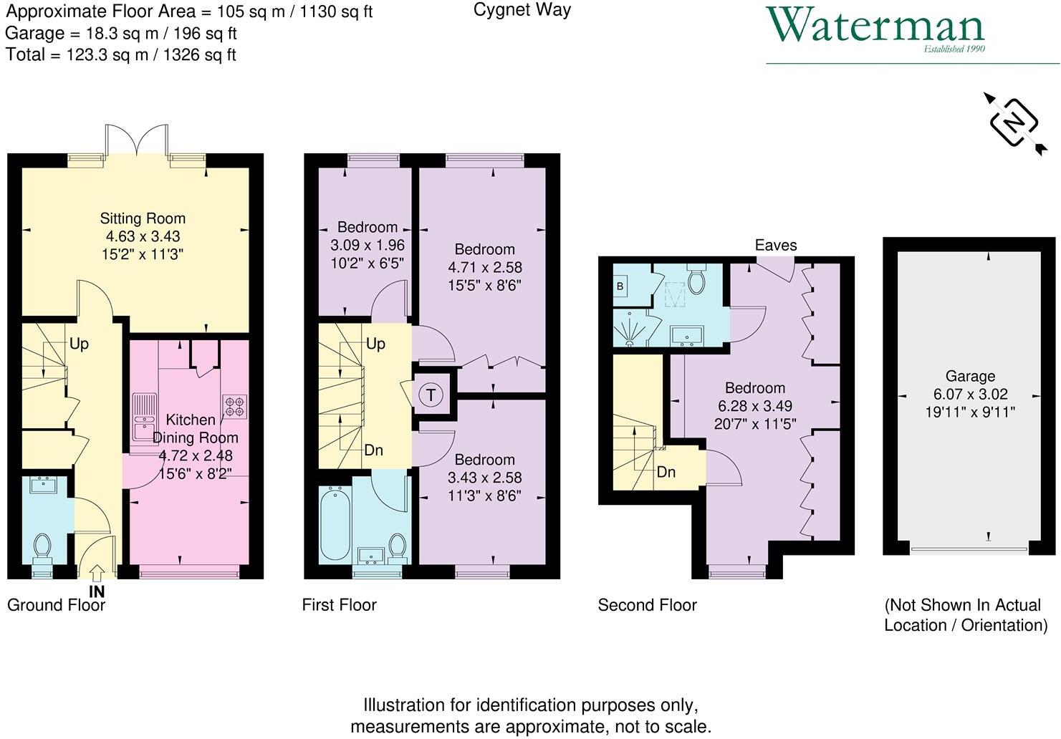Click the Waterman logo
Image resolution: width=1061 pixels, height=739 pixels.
point(875,27)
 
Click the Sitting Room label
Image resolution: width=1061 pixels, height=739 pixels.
point(143,218)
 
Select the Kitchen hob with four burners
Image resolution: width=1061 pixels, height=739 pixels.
point(235,405)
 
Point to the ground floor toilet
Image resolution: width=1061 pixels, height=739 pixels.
point(42,549)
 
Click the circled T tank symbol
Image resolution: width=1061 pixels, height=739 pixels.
point(431,395)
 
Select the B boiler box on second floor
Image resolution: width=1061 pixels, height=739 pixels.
point(620,286)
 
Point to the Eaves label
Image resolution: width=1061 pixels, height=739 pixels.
point(775,245)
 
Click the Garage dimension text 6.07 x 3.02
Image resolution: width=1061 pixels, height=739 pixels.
point(970,394)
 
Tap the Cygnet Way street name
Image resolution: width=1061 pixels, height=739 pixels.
point(522,10)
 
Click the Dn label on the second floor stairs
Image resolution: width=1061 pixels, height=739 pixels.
point(666,472)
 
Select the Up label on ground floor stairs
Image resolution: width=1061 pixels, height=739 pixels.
point(79,344)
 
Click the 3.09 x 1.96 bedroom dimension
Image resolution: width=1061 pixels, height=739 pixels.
point(367,245)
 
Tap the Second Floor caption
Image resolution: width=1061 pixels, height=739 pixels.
point(647,605)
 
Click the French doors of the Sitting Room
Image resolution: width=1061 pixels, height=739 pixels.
point(135,140)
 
